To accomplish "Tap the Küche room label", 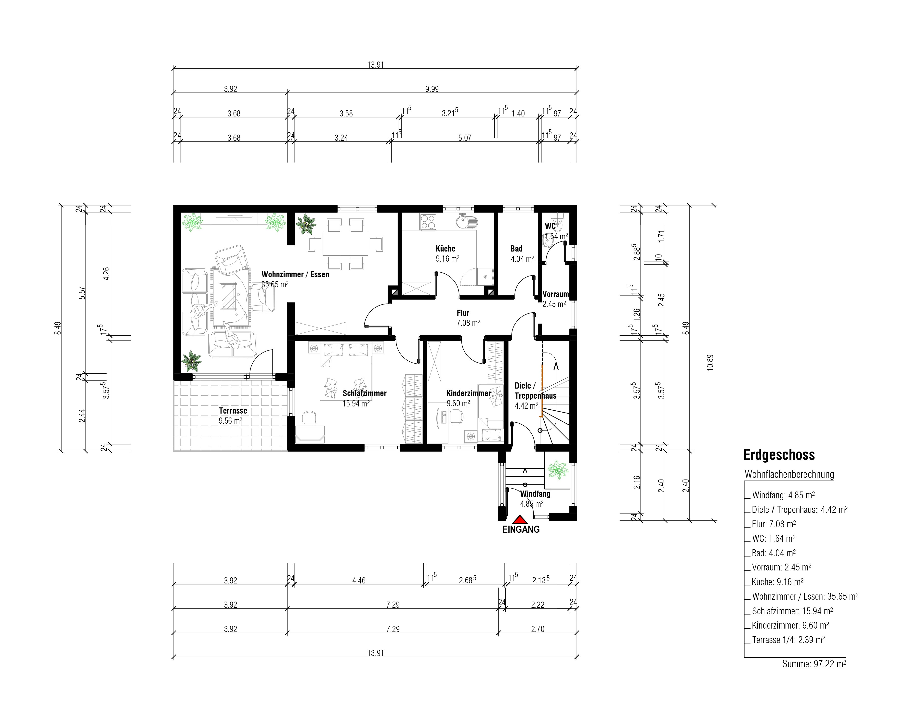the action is [x=446, y=249].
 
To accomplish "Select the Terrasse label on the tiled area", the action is [x=233, y=410].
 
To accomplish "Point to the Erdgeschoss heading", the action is [x=779, y=455].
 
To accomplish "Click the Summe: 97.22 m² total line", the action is [x=814, y=664].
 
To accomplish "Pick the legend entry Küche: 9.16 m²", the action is [x=777, y=582].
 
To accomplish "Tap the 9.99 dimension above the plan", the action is [x=432, y=89].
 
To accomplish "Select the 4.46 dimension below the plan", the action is [x=359, y=580].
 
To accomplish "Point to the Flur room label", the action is [x=463, y=313].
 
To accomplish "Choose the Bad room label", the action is [x=516, y=249].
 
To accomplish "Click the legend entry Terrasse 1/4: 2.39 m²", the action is [x=788, y=640].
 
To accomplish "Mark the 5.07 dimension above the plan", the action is [x=464, y=138].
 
